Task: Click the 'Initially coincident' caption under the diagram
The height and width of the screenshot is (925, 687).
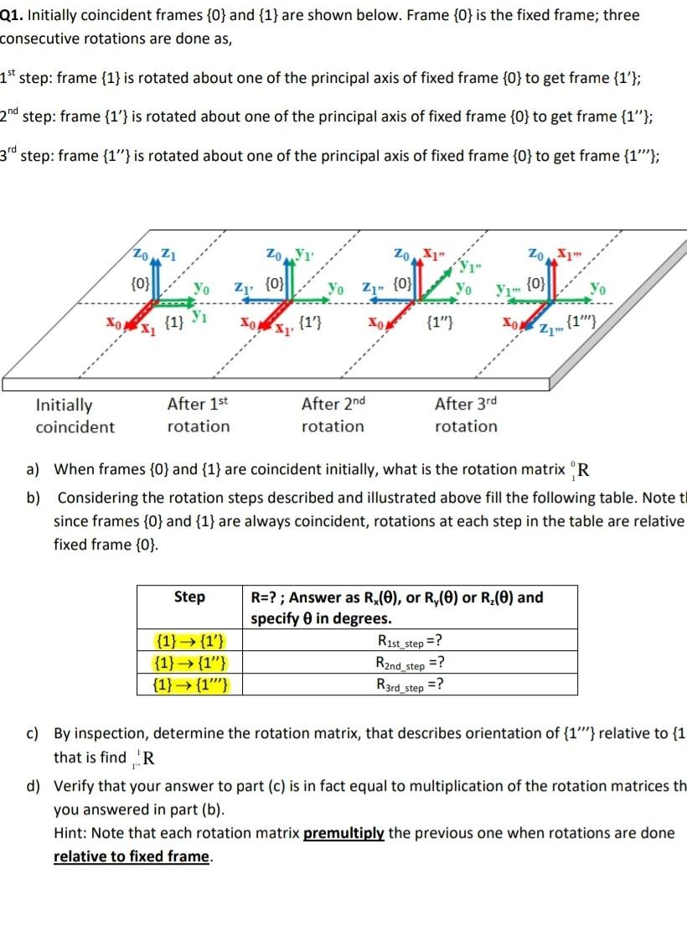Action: [75, 416]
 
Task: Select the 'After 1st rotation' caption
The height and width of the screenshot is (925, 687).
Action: [198, 415]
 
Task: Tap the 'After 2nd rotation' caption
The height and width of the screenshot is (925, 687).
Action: [333, 415]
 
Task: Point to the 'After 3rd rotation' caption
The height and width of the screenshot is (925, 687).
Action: [466, 415]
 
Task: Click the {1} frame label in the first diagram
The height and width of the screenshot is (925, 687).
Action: [175, 322]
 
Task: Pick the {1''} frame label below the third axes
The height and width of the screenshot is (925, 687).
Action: [441, 321]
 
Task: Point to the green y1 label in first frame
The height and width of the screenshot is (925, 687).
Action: [199, 316]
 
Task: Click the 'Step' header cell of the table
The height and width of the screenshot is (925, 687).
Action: [189, 597]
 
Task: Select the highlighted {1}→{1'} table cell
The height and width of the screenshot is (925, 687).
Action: [189, 643]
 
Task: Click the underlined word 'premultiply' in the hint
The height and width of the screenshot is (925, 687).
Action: [344, 833]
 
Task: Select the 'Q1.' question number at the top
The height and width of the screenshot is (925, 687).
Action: [15, 15]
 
